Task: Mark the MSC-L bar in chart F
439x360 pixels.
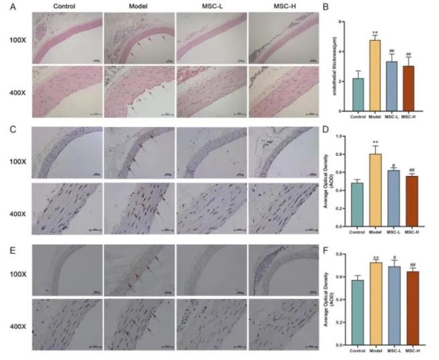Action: tap(393, 305)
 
